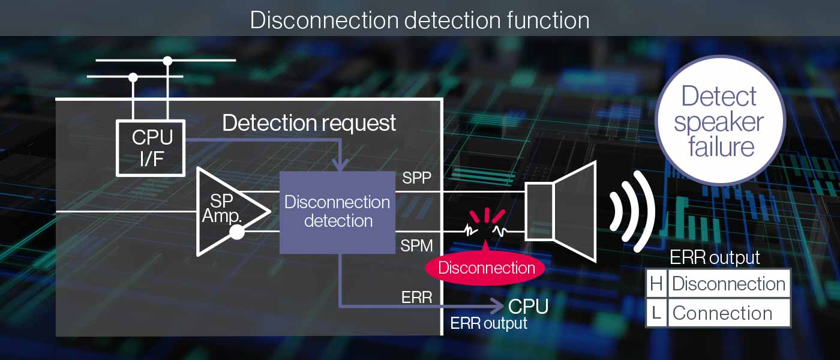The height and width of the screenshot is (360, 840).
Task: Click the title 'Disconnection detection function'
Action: tap(419, 20)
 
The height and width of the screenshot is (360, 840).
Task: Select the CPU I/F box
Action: tap(150, 148)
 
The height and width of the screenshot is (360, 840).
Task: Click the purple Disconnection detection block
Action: tap(338, 212)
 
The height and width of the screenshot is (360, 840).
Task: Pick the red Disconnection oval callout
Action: tap(486, 268)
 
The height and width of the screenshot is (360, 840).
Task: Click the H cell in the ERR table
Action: tap(656, 284)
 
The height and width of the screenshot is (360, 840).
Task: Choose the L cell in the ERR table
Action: tap(656, 313)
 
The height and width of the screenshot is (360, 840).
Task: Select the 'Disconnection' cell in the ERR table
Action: tap(728, 284)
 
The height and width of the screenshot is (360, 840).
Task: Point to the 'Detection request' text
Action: tap(309, 123)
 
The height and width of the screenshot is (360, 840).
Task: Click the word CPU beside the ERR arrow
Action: tap(528, 307)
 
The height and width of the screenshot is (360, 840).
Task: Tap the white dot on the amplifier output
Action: tap(237, 232)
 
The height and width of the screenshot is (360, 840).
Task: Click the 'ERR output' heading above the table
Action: tap(715, 258)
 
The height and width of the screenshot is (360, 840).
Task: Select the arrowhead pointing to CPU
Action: tap(498, 306)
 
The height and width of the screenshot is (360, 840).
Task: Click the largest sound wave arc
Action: tap(647, 211)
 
